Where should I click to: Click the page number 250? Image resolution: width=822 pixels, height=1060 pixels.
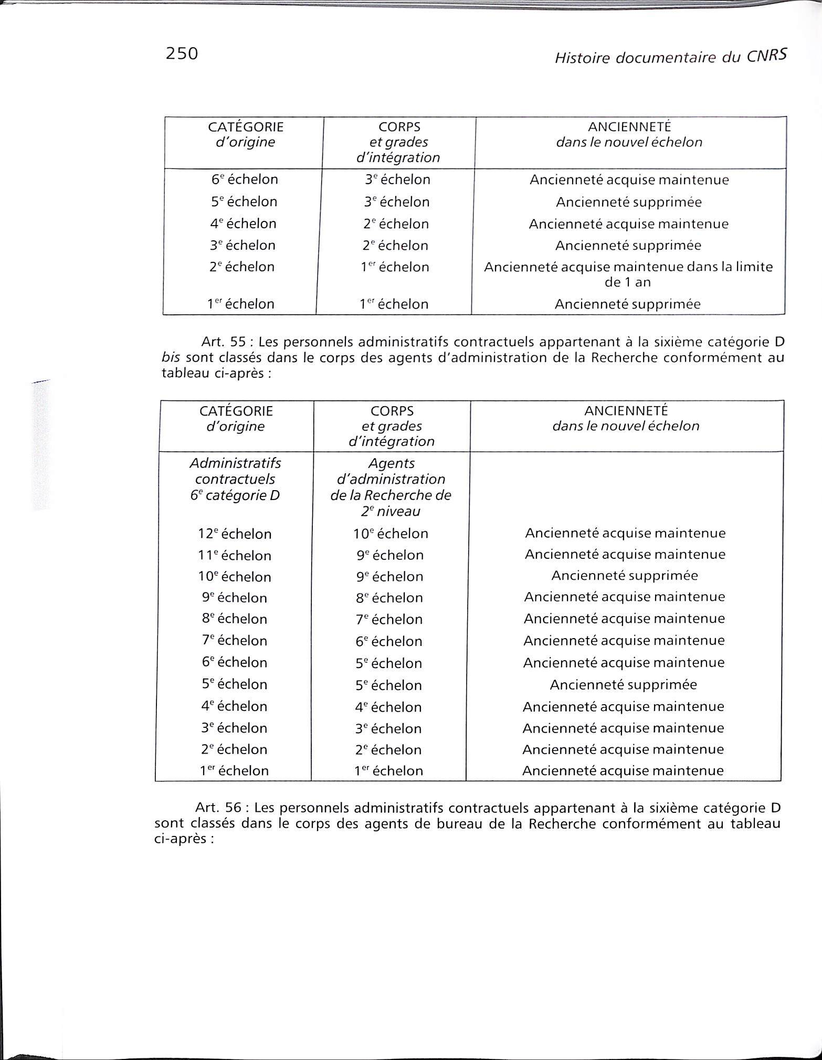[x=182, y=54]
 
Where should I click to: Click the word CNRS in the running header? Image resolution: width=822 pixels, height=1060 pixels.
[x=767, y=57]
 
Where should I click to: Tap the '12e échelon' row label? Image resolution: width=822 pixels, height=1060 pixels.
[x=235, y=534]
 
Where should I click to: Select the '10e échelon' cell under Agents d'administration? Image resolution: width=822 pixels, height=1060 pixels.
[x=391, y=534]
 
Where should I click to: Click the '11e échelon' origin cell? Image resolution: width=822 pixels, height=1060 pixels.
[x=235, y=555]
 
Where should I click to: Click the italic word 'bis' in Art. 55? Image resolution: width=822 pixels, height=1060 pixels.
[x=171, y=358]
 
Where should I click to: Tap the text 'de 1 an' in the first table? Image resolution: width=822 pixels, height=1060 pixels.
[x=628, y=282]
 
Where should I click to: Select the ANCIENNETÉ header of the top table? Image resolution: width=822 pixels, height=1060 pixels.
[x=629, y=126]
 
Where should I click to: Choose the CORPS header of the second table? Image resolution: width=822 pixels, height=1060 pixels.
[x=392, y=411]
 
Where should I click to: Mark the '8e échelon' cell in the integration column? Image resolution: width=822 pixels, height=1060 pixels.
[x=389, y=598]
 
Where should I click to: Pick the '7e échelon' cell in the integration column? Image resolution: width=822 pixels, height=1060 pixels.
[x=389, y=619]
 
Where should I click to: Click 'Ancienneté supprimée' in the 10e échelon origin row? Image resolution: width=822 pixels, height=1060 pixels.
[x=625, y=576]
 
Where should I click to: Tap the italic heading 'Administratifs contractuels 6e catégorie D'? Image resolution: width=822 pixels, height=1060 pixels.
[x=235, y=479]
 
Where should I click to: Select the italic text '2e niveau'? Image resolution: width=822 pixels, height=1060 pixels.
[x=391, y=511]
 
